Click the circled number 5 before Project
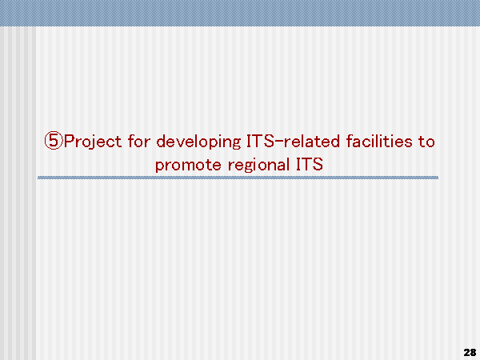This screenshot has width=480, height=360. coord(54,141)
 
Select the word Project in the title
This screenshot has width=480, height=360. coord(93,142)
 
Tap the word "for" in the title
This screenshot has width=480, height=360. coord(138,141)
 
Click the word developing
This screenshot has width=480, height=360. coord(198,142)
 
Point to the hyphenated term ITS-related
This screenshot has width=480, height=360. coord(293,141)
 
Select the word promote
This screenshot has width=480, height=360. coord(188,166)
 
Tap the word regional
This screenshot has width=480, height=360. coord(258,166)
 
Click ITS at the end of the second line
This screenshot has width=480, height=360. coord(309,164)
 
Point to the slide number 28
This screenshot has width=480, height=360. coord(470,352)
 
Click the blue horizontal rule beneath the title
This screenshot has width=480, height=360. coord(238,178)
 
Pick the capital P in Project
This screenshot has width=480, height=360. coord(69,141)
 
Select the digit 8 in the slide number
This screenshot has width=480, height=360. coord(473,352)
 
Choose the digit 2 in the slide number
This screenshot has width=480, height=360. coord(467,352)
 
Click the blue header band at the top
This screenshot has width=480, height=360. coord(240,13)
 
